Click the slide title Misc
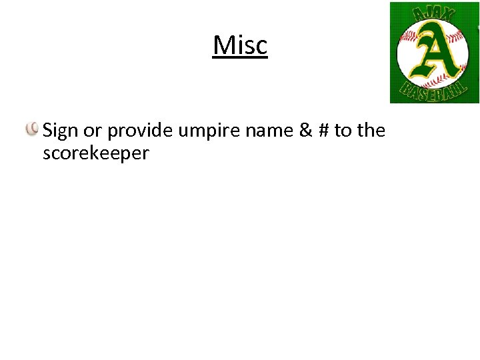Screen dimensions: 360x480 pyautogui.click(x=240, y=45)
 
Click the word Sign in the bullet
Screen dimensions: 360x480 pyautogui.click(x=60, y=131)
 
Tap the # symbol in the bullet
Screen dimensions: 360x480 pyautogui.click(x=325, y=131)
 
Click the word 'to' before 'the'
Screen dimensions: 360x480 pyautogui.click(x=343, y=131)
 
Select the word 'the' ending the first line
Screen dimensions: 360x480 pyautogui.click(x=371, y=130)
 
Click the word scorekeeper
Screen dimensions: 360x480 pyautogui.click(x=95, y=153)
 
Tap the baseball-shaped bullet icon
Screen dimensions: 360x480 pyautogui.click(x=32, y=129)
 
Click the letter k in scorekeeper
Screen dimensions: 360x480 pyautogui.click(x=93, y=153)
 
